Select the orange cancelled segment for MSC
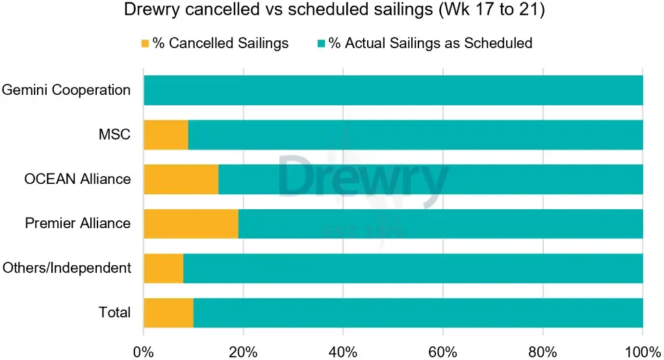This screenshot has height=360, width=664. (166, 135)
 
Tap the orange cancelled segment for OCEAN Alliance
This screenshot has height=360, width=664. (181, 179)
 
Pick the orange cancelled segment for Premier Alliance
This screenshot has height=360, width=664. (191, 224)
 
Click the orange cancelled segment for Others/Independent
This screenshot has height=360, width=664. (163, 268)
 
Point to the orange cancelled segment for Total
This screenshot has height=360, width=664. (168, 313)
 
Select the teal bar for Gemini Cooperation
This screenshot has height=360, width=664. (393, 90)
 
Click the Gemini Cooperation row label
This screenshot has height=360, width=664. (66, 90)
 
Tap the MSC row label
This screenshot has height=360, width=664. (114, 135)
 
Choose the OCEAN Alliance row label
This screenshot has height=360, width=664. (77, 179)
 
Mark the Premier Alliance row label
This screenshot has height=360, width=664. (77, 224)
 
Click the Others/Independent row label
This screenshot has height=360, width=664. (67, 268)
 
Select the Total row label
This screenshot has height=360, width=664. (114, 313)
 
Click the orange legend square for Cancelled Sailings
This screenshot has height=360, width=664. (145, 44)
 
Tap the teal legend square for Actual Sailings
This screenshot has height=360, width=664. (320, 44)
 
